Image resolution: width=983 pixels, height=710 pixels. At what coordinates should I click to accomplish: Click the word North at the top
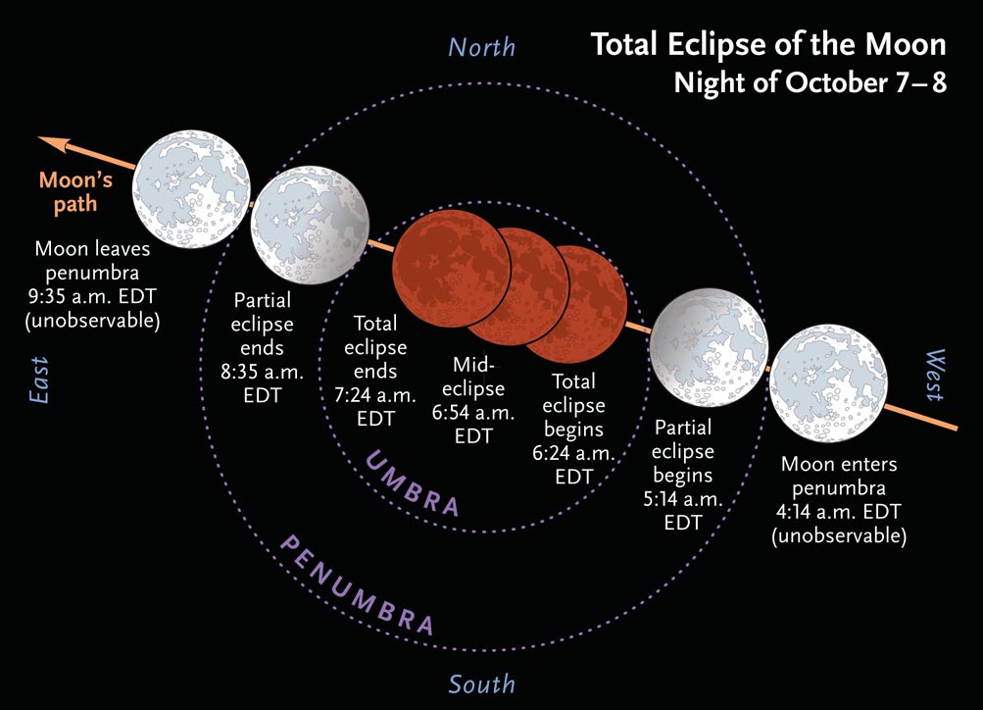481,48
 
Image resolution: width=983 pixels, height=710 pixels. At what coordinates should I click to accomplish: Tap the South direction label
481,684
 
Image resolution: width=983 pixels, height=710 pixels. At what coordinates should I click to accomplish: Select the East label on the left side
39,380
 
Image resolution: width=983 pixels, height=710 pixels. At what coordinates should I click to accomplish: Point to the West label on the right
934,375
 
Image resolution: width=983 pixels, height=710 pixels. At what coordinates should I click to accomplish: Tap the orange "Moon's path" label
75,192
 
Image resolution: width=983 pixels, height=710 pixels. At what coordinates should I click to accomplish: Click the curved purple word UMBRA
412,483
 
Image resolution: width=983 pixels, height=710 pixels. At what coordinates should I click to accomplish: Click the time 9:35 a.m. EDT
92,297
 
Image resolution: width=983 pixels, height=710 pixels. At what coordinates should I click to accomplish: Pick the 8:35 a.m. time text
262,372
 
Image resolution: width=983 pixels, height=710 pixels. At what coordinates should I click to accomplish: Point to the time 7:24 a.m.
375,395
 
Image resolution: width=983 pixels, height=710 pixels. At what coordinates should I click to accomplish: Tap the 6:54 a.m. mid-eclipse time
473,412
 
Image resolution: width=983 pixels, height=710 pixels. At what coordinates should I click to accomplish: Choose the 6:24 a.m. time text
573,453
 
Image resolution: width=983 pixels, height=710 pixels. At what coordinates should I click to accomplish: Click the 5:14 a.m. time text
683,498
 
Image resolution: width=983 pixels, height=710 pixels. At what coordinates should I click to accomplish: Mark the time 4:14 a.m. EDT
839,512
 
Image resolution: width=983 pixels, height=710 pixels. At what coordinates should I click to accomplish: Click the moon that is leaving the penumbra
191,189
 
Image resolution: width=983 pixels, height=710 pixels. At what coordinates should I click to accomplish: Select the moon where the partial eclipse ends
310,226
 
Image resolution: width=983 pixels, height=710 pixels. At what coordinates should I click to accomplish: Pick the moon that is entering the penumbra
828,383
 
